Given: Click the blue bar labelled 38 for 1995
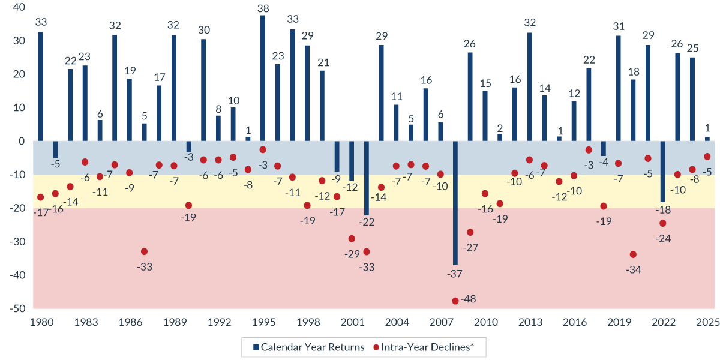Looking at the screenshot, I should tap(263, 78).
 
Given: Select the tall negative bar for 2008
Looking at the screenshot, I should tap(455, 203).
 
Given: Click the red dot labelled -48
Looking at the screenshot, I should tap(455, 301).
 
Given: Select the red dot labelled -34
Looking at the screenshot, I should tap(633, 254).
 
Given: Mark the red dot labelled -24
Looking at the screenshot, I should tap(662, 223).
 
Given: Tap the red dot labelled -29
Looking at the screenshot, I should tap(352, 239).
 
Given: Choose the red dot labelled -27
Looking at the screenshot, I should tap(470, 232).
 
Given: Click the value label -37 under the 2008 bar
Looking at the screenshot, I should tap(455, 274).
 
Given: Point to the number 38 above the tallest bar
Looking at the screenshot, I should tap(263, 8).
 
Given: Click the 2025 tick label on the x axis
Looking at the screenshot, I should tap(707, 322).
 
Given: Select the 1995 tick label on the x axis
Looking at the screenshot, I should tap(263, 322).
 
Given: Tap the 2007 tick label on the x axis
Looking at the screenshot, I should tap(440, 322).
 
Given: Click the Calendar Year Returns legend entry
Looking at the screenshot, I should tap(308, 347).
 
